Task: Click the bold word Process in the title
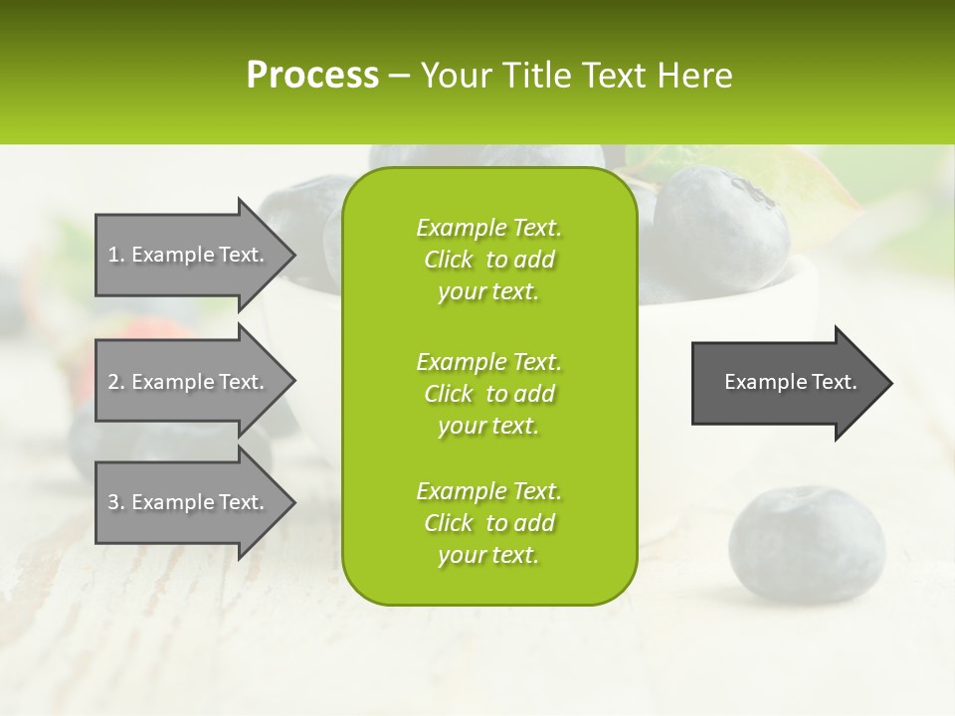(x=312, y=76)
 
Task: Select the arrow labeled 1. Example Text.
(x=189, y=255)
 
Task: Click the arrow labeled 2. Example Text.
(x=189, y=382)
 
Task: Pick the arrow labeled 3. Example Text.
(x=189, y=502)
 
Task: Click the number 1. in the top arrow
(x=116, y=255)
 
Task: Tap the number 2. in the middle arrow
(x=116, y=382)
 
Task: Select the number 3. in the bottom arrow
(x=116, y=502)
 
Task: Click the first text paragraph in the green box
(x=488, y=260)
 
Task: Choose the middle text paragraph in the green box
(x=488, y=394)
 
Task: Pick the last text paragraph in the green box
(x=488, y=523)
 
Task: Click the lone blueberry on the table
(x=806, y=545)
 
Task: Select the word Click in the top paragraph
(x=448, y=261)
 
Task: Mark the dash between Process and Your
(x=400, y=76)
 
